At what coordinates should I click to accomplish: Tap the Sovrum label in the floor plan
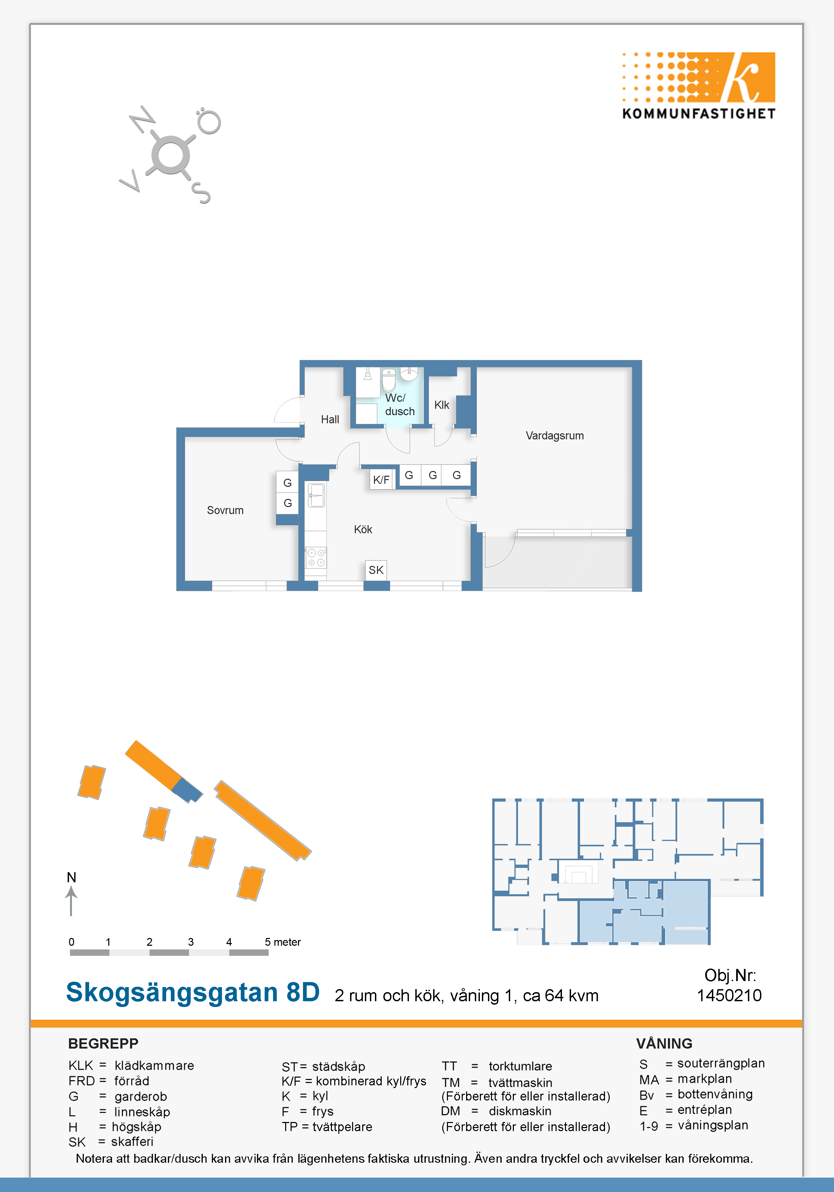click(x=225, y=510)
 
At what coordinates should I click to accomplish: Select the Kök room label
click(x=363, y=530)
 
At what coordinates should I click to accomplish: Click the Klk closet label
click(x=442, y=405)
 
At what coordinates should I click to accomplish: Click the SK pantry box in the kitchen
click(x=376, y=570)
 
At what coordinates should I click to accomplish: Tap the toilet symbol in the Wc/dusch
click(x=389, y=380)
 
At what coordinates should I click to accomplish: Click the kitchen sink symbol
click(x=316, y=495)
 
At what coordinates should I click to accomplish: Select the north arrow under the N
click(x=71, y=901)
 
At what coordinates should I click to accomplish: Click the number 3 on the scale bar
click(x=191, y=942)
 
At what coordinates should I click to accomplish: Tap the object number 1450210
click(x=729, y=995)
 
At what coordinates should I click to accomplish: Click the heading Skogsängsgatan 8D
click(x=193, y=992)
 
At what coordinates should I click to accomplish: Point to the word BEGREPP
click(x=103, y=1044)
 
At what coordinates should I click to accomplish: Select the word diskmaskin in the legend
click(x=520, y=1111)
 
